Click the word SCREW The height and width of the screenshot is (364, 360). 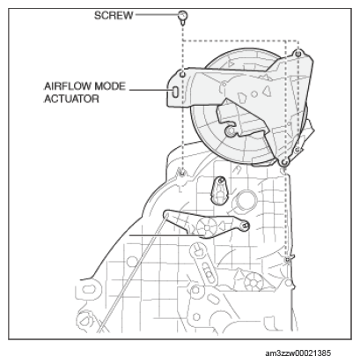coord(114,15)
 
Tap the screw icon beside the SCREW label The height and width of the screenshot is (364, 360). coord(182,18)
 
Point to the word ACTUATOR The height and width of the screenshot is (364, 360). coord(72,99)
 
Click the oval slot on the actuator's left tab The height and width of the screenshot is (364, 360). coord(175,92)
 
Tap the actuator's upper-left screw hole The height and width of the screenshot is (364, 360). coord(182,75)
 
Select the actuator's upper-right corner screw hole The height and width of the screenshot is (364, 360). coord(298,54)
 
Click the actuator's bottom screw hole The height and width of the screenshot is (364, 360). coord(283,162)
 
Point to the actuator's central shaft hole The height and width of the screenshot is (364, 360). coord(231,131)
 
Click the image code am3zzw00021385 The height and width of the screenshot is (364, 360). coord(298,353)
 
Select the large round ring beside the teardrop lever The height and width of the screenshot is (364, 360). coord(245,202)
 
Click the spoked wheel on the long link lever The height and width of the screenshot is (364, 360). coord(207,227)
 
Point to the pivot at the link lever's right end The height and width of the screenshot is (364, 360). coord(246,226)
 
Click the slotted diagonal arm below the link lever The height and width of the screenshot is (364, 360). coord(204,264)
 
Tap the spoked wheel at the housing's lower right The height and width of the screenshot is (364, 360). coord(253,282)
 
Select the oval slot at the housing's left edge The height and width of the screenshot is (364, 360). coord(88,289)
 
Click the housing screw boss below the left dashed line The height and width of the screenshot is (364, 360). coord(182,173)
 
